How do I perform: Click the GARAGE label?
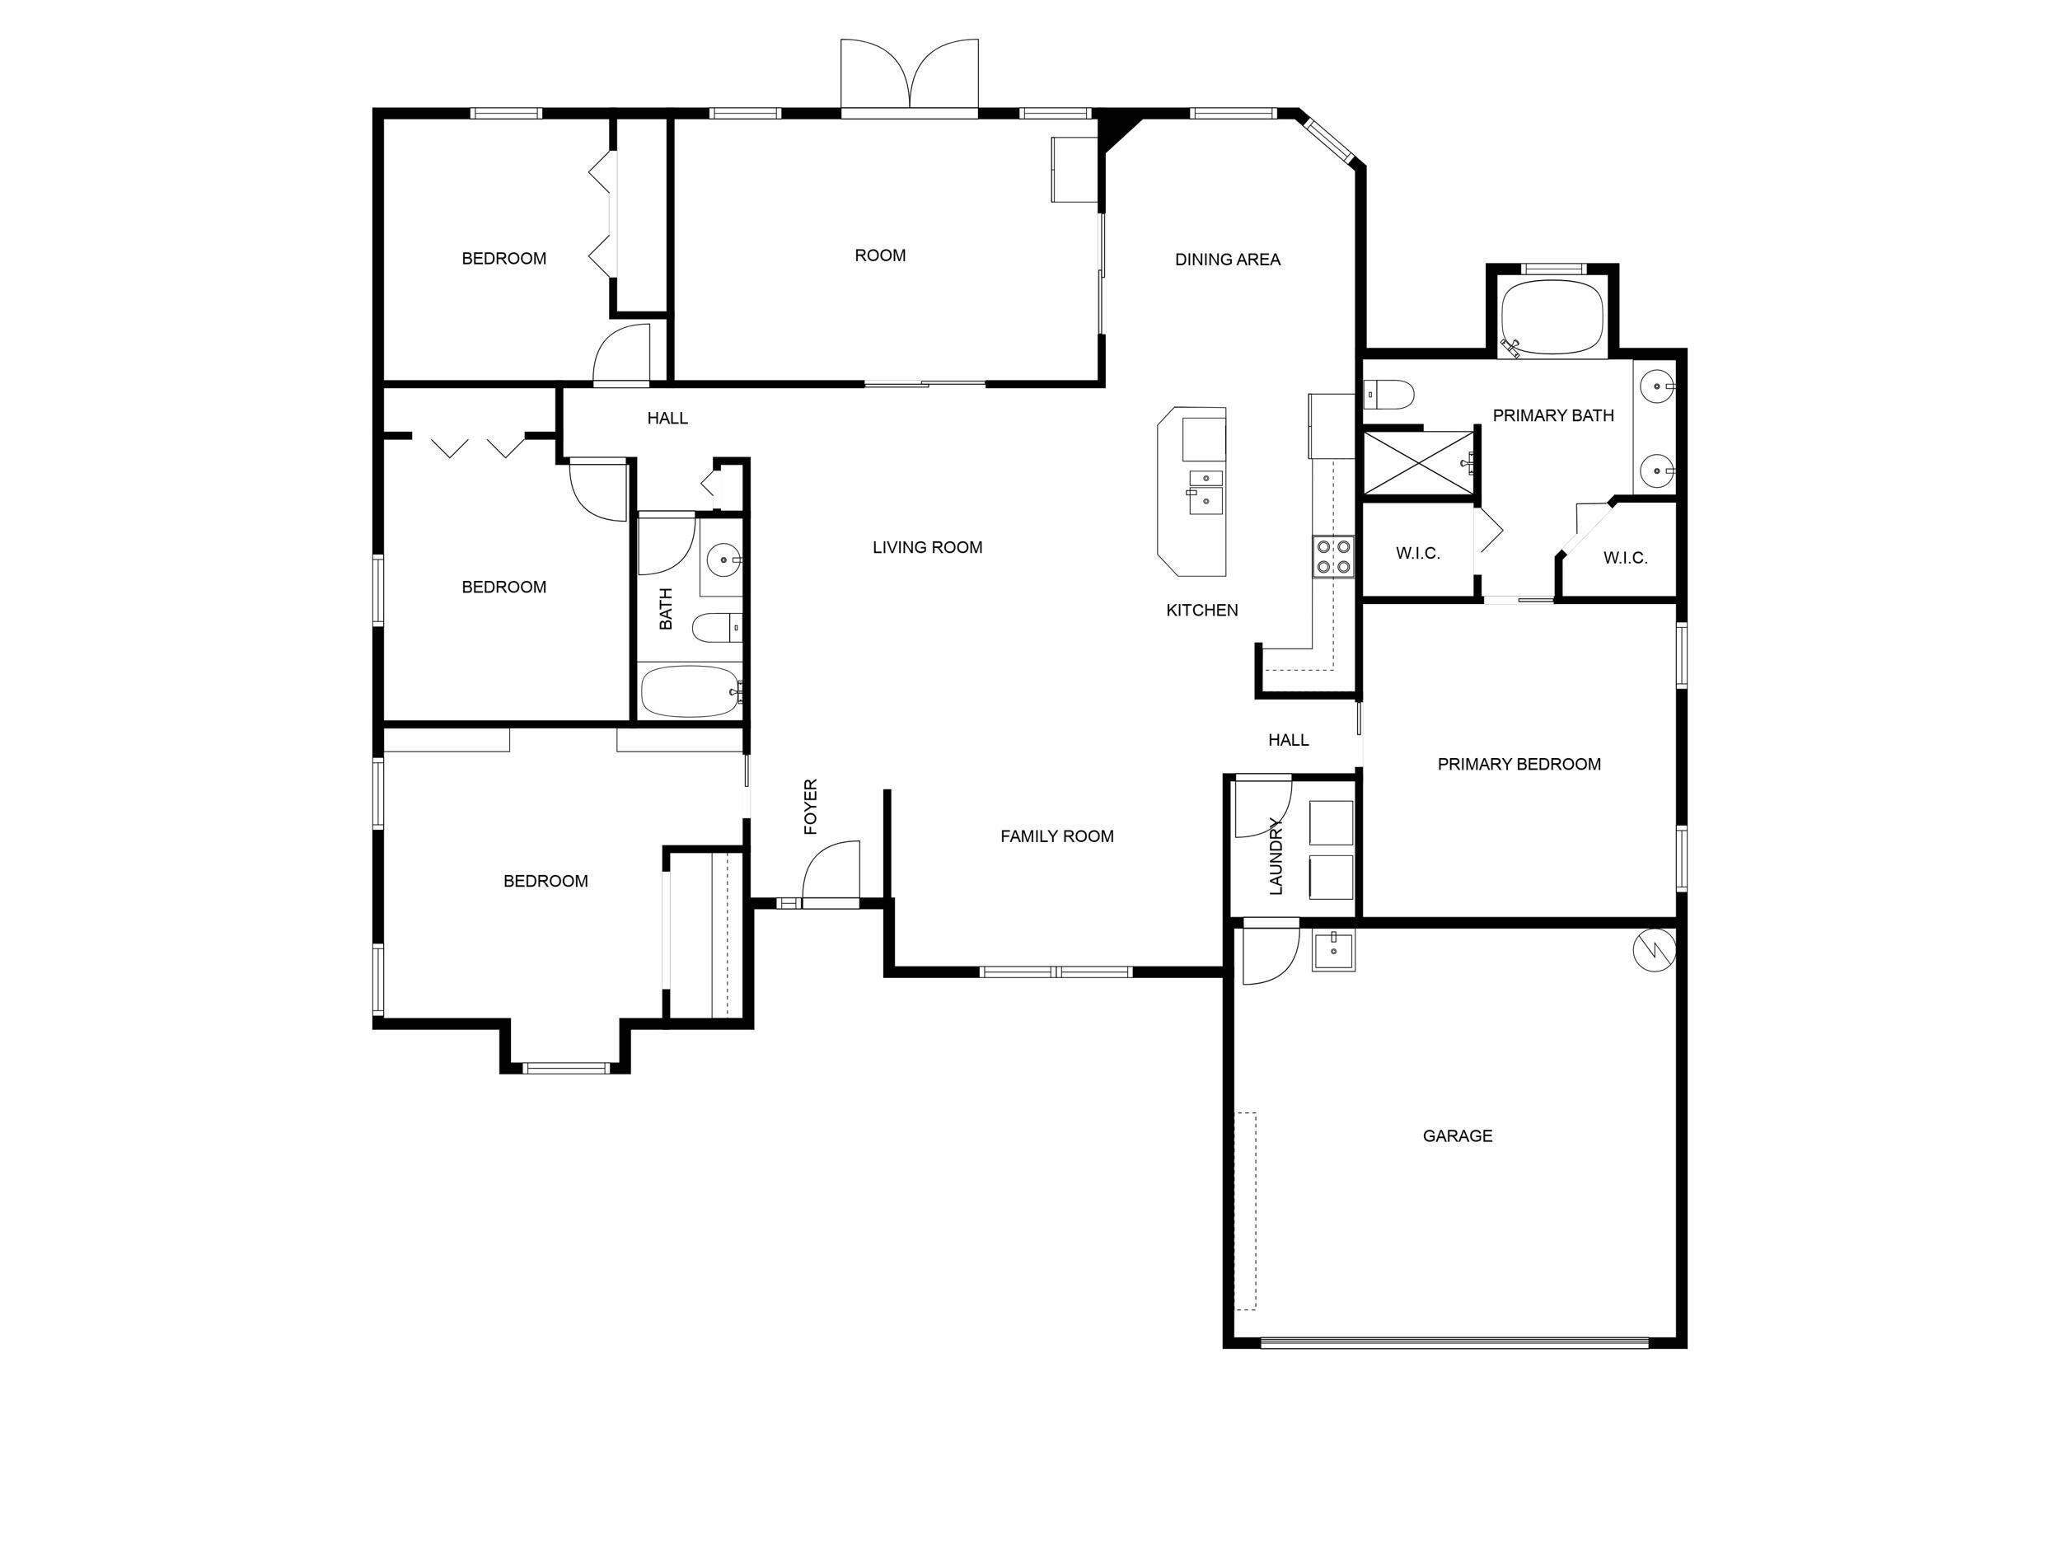tap(1458, 1135)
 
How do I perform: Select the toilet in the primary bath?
tap(1389, 394)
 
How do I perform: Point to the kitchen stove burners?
tap(1332, 556)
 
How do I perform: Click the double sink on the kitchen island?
tap(1205, 489)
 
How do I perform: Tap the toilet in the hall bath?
tap(716, 628)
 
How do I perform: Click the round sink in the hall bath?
tap(723, 560)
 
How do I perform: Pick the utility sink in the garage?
tap(1333, 951)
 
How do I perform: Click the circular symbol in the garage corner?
tap(1655, 951)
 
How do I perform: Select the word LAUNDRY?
tap(1276, 856)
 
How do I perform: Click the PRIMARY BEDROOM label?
tap(1519, 764)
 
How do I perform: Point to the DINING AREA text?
tap(1228, 259)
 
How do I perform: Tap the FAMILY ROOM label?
tap(1057, 836)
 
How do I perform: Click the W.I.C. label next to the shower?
tap(1417, 553)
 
